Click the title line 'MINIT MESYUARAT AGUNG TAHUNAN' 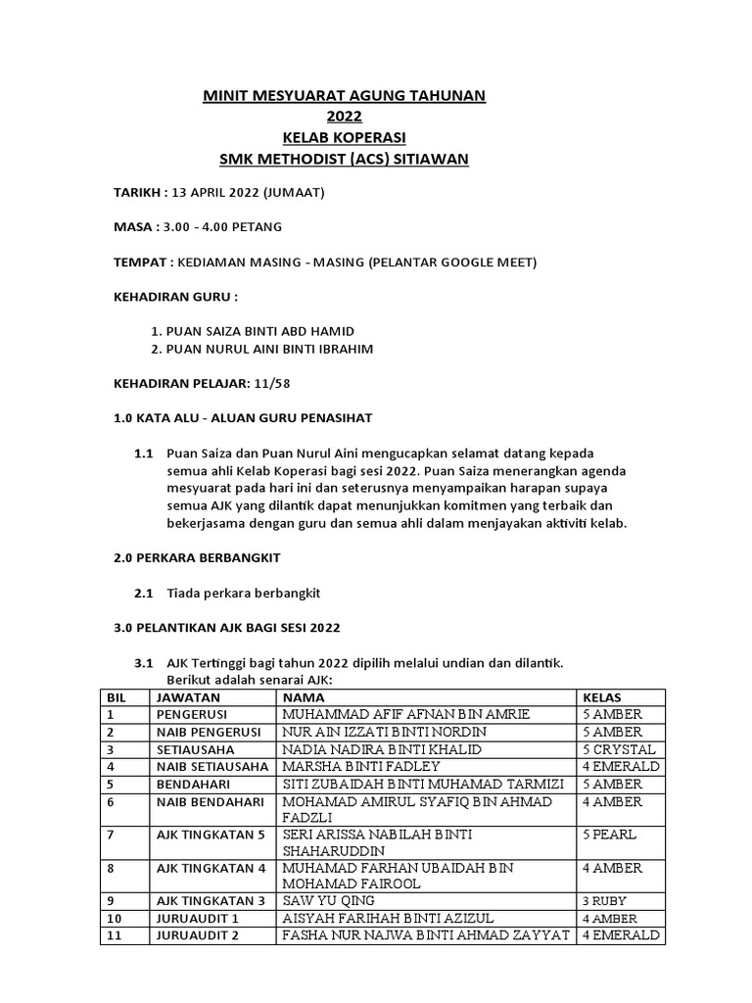343,95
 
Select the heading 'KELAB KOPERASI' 343,137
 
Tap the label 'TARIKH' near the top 137,192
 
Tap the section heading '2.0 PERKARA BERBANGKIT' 198,556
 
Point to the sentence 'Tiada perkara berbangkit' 244,594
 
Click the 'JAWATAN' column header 183,696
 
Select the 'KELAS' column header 602,696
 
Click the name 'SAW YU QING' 328,900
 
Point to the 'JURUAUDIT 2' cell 192,935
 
